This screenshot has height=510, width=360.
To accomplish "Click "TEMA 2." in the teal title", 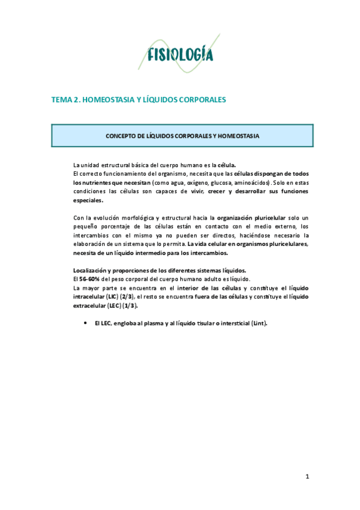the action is coord(67,100).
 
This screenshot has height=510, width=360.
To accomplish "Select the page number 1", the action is coord(307,477).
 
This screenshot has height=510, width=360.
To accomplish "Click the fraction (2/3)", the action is coord(127,296).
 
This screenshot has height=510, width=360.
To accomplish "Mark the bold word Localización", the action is coord(91,270).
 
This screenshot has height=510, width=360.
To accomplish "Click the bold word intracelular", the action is coord(91,296).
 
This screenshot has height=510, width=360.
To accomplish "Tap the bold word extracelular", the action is coord(90,306).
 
